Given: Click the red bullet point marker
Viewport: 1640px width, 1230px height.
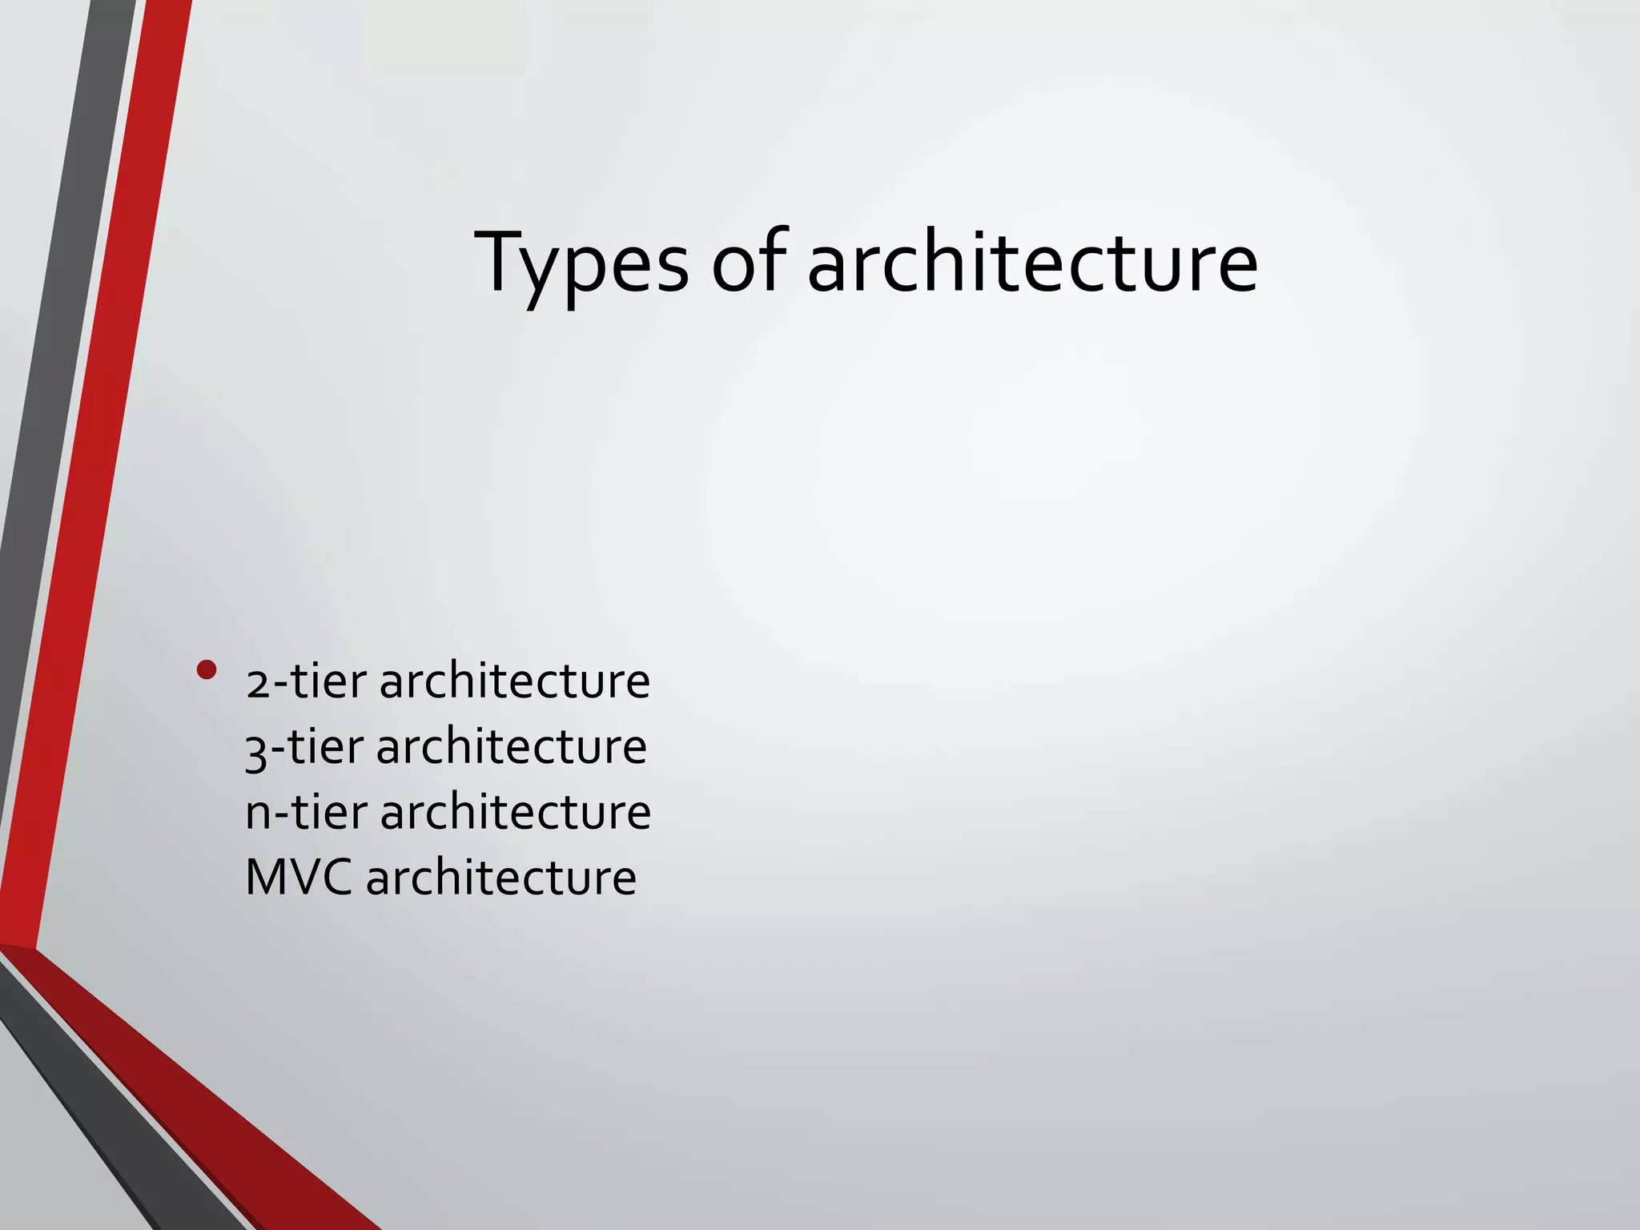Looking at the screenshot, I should click(x=207, y=669).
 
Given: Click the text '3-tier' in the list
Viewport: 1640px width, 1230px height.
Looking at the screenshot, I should click(x=304, y=747).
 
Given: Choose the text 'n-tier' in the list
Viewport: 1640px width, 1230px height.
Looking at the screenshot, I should click(x=306, y=812).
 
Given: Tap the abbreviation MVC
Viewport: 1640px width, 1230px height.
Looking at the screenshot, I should click(x=298, y=877).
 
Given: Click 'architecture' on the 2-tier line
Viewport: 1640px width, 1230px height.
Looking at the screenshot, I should click(x=514, y=681).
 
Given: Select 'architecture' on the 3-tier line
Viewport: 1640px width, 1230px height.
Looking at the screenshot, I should click(x=511, y=747).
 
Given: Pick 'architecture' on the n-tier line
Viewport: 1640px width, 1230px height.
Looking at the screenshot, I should click(x=515, y=812).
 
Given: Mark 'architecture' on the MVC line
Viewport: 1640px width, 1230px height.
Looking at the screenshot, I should click(x=500, y=877).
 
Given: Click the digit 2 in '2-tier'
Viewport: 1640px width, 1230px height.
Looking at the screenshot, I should click(x=258, y=685).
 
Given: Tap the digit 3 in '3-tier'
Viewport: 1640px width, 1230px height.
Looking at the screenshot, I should click(x=256, y=751).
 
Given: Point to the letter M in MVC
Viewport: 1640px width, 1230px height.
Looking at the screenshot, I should click(x=266, y=877).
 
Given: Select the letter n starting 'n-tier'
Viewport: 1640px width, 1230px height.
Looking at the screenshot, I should click(x=258, y=815).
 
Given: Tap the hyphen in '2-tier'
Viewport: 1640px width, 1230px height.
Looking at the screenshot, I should click(x=279, y=688).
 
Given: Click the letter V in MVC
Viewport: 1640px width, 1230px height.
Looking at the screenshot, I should click(x=303, y=877).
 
